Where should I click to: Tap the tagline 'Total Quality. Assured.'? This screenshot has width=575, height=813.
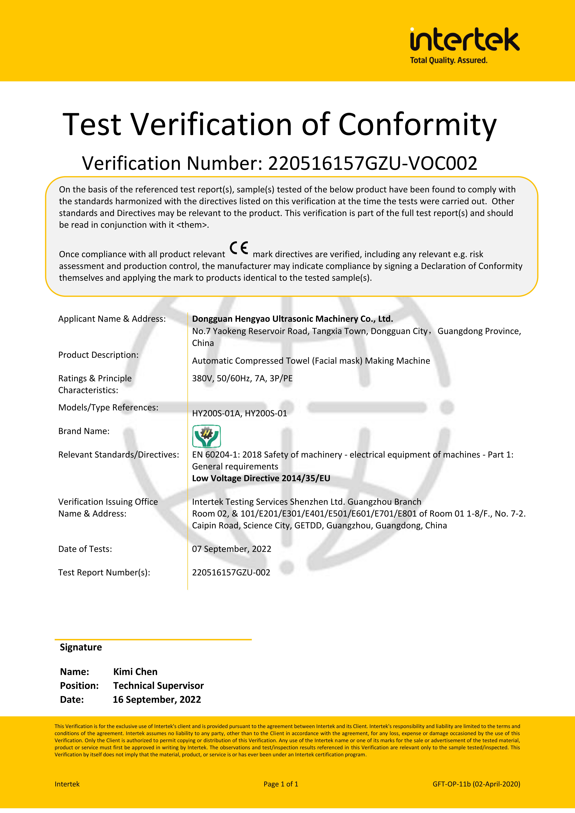click(x=449, y=61)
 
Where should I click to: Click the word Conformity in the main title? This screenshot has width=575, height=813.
click(x=417, y=125)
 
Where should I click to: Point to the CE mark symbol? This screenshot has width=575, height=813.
click(x=239, y=248)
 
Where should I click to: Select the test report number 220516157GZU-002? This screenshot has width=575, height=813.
click(x=231, y=573)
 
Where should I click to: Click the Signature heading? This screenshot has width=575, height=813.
click(x=81, y=647)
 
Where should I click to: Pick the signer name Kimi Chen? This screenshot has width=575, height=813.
click(x=135, y=672)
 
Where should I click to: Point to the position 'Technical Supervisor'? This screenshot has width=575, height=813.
click(x=158, y=686)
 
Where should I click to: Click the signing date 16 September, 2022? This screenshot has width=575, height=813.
click(x=157, y=700)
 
